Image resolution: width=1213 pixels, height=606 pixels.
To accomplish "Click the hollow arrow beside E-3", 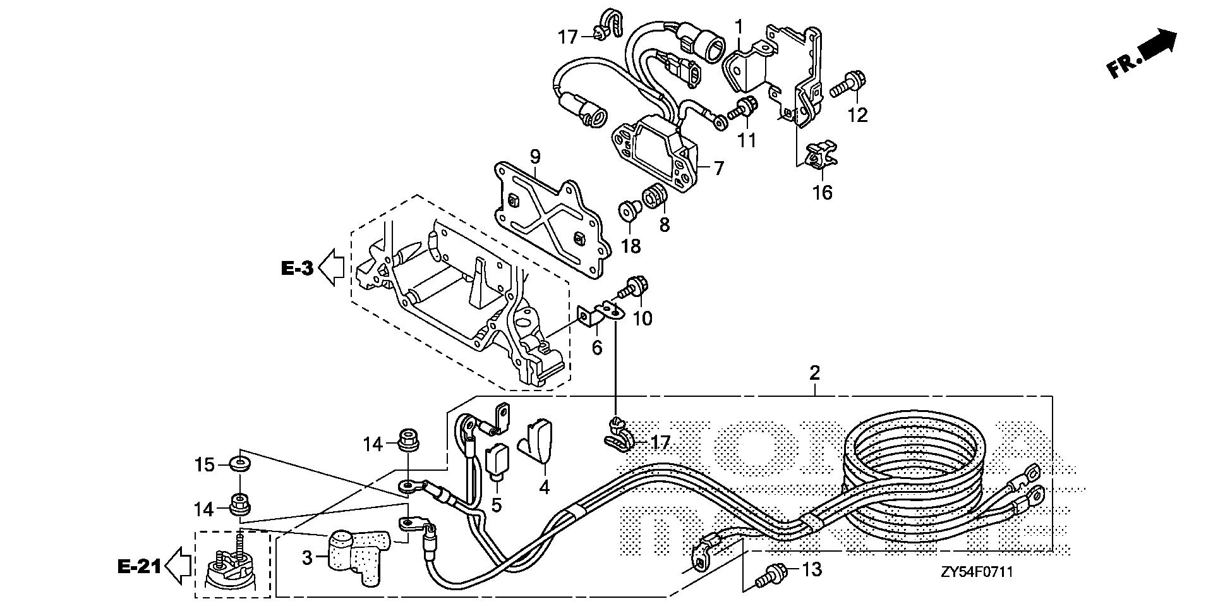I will (331, 267).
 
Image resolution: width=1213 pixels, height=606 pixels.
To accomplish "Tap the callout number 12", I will (858, 114).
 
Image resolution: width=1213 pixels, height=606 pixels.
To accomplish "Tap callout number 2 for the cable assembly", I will (814, 373).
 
